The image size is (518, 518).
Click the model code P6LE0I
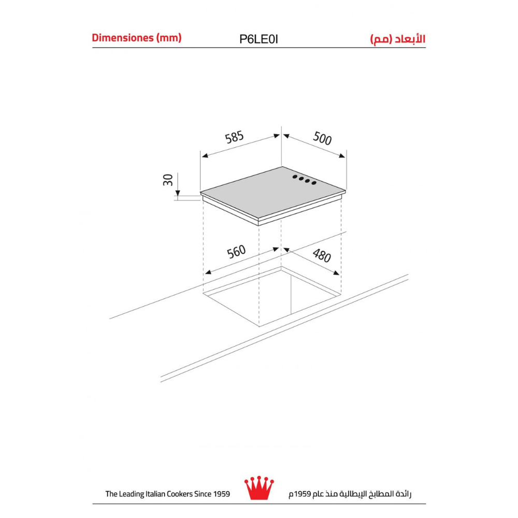pos(258,39)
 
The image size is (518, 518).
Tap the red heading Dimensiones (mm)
pos(137,38)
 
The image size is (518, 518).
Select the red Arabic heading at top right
pos(397,39)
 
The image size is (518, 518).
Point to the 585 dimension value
pos(234,137)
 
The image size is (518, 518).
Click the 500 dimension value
pos(322,138)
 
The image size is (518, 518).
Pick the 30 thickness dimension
pos(168,180)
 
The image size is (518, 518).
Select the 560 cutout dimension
pos(237,252)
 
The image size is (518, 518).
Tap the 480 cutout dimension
pos(322,255)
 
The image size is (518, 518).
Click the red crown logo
pos(259,487)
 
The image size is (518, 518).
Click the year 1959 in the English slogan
pos(221,494)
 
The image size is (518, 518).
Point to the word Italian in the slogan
pos(156,494)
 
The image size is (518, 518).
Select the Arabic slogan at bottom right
pos(350,494)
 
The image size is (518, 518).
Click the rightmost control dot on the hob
pos(314,183)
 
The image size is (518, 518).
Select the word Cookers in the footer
pos(179,494)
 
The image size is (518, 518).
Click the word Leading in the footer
pos(132,494)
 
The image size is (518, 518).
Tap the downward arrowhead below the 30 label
pos(178,193)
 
